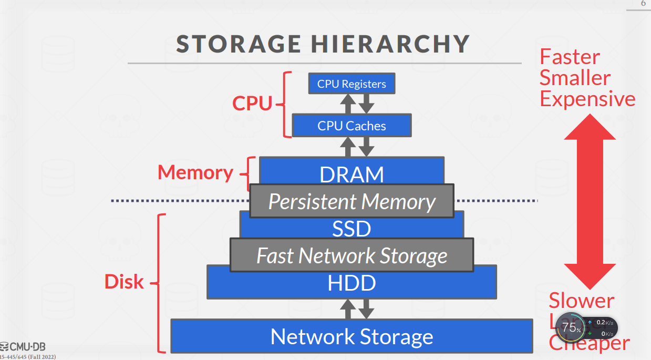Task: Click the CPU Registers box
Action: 352,84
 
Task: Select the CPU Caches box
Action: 352,126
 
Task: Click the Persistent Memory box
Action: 352,202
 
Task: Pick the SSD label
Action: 352,229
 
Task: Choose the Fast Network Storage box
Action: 352,256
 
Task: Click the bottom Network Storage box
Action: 352,336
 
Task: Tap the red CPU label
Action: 252,104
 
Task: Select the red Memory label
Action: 195,172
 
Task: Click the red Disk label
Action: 124,282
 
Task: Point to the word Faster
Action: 570,57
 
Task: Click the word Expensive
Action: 587,99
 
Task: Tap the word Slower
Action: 581,301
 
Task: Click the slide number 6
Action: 643,4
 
